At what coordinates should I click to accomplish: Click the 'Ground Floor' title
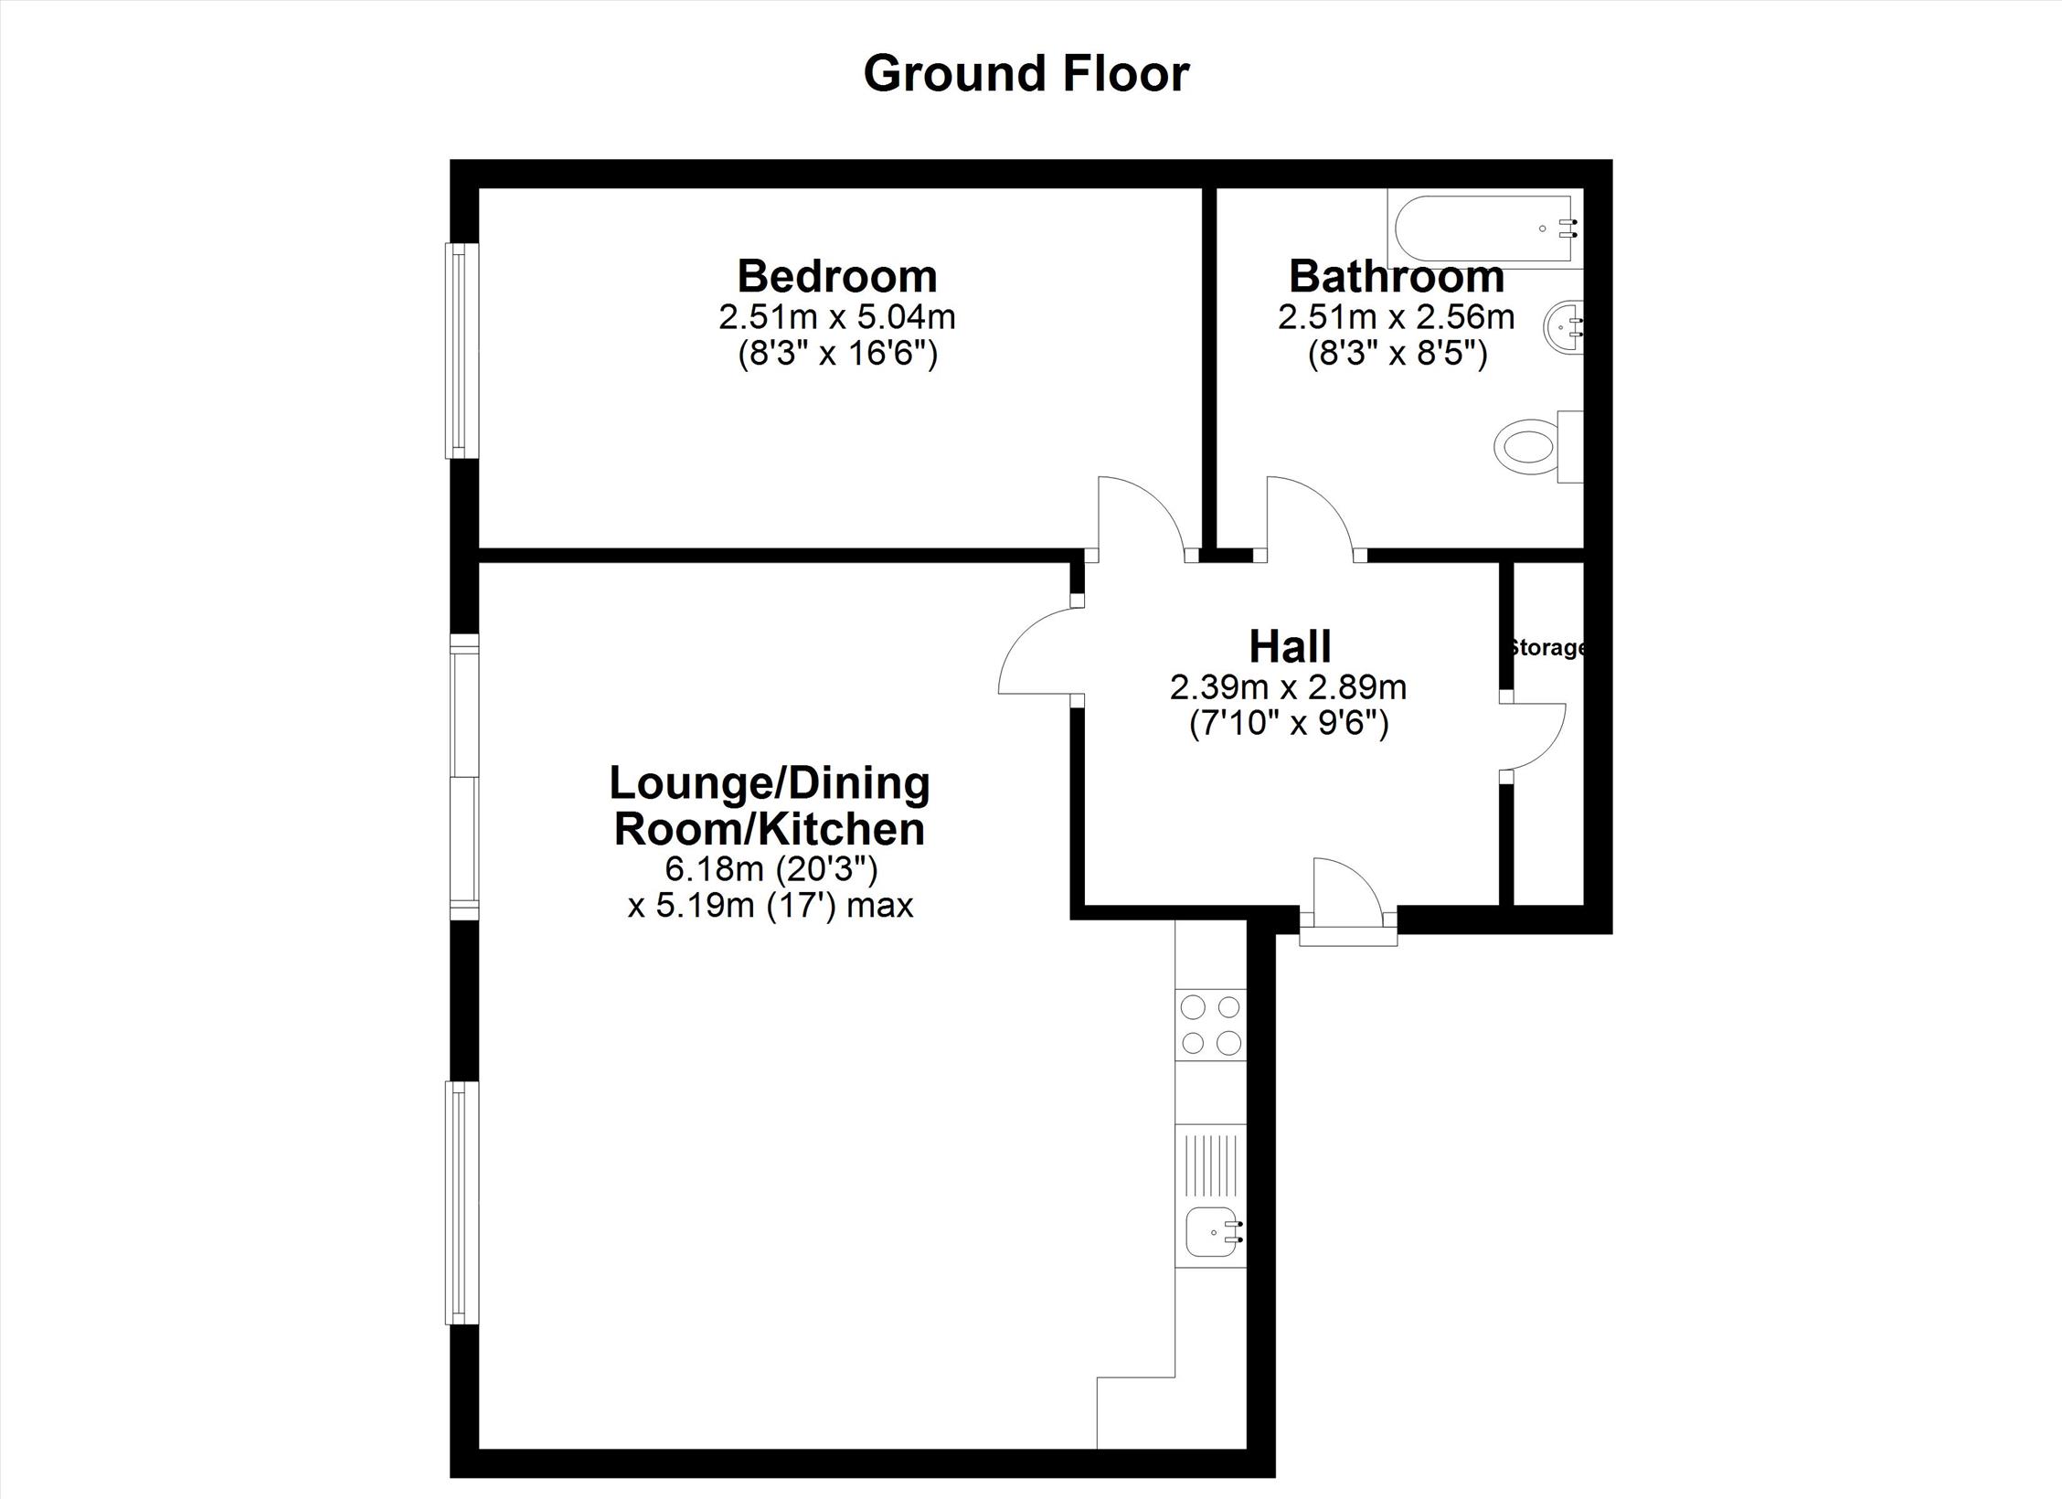pos(1026,74)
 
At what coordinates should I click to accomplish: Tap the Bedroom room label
pos(837,276)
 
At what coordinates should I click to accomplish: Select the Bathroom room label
pos(1397,276)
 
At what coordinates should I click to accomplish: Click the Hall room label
pos(1290,646)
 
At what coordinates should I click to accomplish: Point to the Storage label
pos(1546,648)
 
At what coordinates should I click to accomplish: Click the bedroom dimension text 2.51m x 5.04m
pos(837,317)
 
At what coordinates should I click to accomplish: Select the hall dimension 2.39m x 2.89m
pos(1289,687)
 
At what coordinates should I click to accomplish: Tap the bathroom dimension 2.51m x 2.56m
pos(1397,317)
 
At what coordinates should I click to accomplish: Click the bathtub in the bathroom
pos(1485,229)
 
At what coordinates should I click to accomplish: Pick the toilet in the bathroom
pos(1539,447)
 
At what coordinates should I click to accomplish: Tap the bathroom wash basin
pos(1564,327)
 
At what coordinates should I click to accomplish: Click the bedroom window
pos(462,350)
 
